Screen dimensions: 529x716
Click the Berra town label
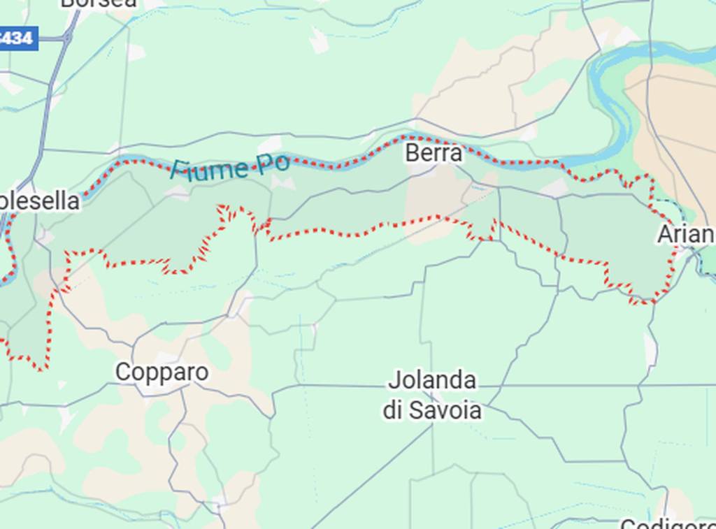tap(434, 153)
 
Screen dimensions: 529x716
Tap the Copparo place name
tap(162, 372)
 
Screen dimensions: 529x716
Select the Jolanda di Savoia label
tap(432, 396)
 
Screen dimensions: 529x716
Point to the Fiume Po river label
tap(230, 167)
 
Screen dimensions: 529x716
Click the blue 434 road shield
tap(17, 38)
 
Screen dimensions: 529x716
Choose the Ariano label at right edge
tap(686, 235)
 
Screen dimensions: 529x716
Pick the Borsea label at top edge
tap(99, 3)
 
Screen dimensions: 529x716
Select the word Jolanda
tap(432, 381)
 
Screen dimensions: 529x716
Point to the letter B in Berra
tap(412, 153)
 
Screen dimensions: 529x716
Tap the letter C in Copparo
tap(123, 372)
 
